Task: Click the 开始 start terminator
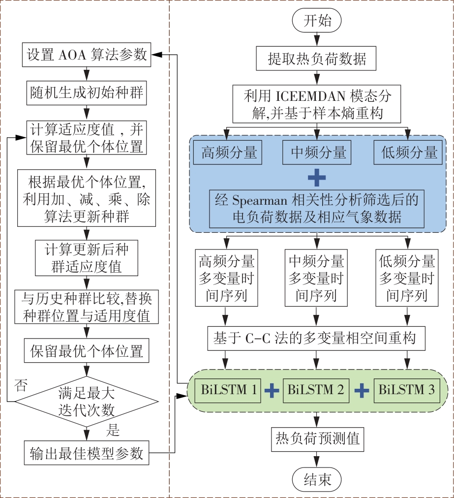[x=317, y=21]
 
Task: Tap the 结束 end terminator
[x=317, y=479]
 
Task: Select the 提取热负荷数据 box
[x=317, y=60]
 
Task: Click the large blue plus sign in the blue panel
[x=316, y=177]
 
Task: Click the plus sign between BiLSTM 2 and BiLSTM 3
[x=362, y=391]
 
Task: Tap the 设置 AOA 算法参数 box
[x=87, y=55]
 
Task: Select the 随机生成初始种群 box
[x=87, y=92]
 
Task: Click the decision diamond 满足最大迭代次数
[x=87, y=402]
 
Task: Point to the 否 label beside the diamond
[x=21, y=383]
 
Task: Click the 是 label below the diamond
[x=113, y=431]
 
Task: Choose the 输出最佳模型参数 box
[x=87, y=453]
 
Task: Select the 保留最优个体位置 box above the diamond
[x=87, y=351]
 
